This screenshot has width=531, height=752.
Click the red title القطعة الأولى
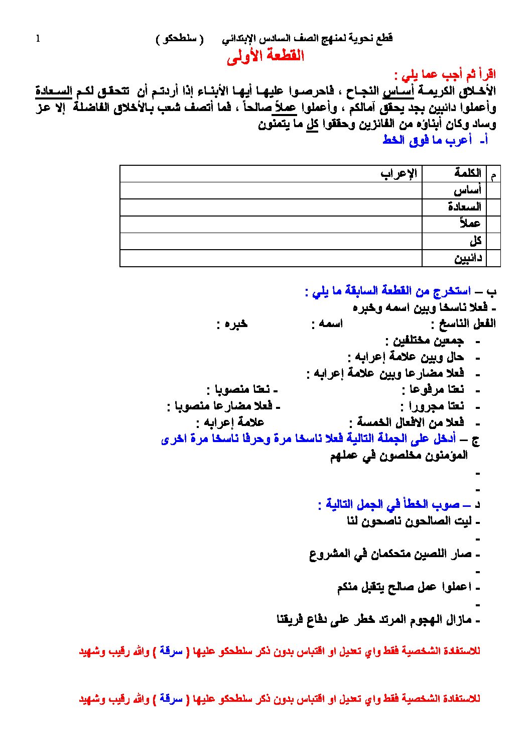[x=265, y=56]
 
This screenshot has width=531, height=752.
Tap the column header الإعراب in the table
[x=399, y=174]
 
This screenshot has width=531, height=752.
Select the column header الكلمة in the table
[x=467, y=174]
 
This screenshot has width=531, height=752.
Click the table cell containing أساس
[x=467, y=190]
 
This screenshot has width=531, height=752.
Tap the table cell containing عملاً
[x=469, y=224]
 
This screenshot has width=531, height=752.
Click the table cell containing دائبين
[x=468, y=258]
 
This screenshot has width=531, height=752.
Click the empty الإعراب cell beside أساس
[x=271, y=190]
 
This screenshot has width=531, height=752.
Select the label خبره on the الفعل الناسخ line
[x=235, y=324]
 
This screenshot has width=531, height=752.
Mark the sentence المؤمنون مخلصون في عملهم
[x=399, y=456]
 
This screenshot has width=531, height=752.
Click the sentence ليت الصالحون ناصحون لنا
[x=409, y=521]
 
